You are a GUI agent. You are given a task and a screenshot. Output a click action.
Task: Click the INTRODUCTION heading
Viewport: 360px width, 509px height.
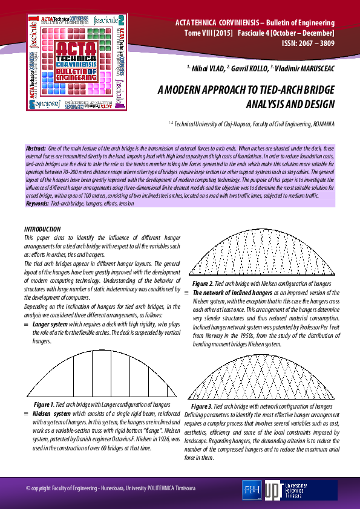[42, 229]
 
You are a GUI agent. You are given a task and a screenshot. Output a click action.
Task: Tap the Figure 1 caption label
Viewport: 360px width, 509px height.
[45, 403]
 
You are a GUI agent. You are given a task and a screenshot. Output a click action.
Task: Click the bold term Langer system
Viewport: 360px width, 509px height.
[50, 324]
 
